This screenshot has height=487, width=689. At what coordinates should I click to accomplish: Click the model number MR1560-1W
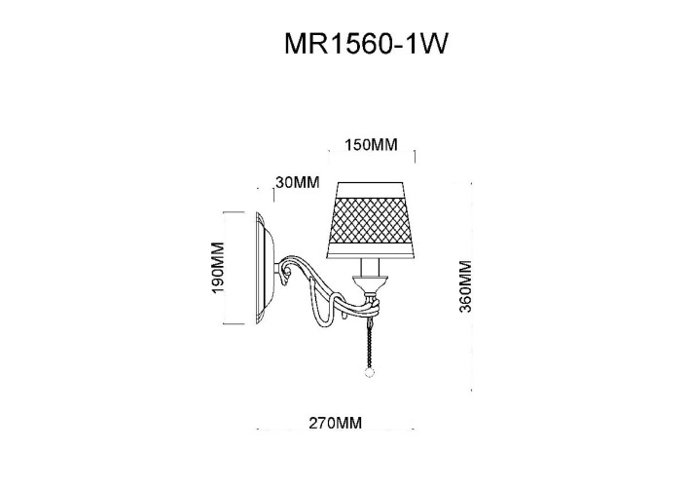coord(366,44)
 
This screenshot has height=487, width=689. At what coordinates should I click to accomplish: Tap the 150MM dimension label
coord(371,145)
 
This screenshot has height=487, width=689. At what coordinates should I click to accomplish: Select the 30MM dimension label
coord(298,182)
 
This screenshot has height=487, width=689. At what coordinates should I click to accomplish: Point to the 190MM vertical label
coord(218,268)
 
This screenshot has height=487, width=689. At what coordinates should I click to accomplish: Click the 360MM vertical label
coord(465,286)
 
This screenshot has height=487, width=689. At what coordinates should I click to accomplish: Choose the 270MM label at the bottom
coord(336,424)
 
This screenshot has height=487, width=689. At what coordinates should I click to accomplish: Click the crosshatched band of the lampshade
coord(372,219)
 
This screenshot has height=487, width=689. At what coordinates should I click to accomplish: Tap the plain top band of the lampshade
coord(371,189)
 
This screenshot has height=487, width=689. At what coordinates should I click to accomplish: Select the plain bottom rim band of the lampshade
coord(372,250)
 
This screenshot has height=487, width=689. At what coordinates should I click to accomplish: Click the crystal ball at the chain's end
coord(369,373)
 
